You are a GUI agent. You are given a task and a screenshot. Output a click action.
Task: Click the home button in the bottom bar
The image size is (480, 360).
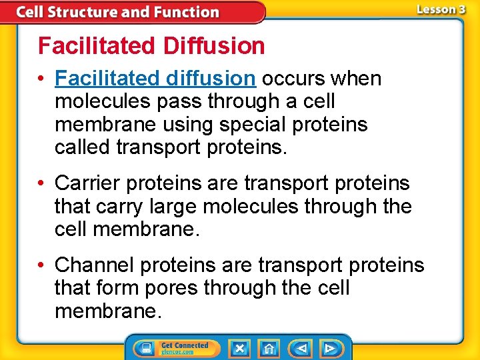point(269,349)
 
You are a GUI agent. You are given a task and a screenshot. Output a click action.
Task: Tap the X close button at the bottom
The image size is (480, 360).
point(239,349)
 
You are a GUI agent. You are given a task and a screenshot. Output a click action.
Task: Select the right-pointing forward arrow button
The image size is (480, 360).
point(329,349)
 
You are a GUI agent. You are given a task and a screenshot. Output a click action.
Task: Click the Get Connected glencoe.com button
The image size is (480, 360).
point(184,349)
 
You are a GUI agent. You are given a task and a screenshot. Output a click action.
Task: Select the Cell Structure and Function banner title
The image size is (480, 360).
point(117,12)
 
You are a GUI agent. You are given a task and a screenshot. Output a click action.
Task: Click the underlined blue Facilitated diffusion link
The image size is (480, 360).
point(155,79)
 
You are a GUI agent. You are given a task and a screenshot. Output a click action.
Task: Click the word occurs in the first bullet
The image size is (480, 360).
point(291,79)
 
